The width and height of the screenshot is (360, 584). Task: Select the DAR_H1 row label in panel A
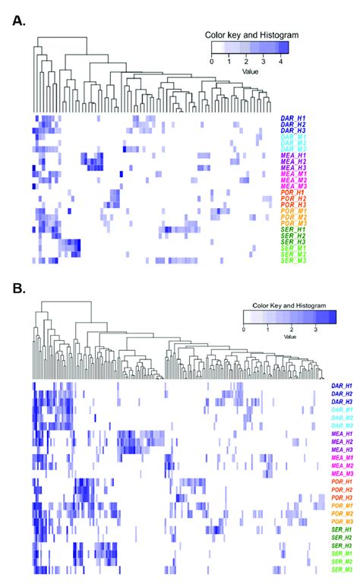293,118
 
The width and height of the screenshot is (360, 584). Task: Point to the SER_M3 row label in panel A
293,260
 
